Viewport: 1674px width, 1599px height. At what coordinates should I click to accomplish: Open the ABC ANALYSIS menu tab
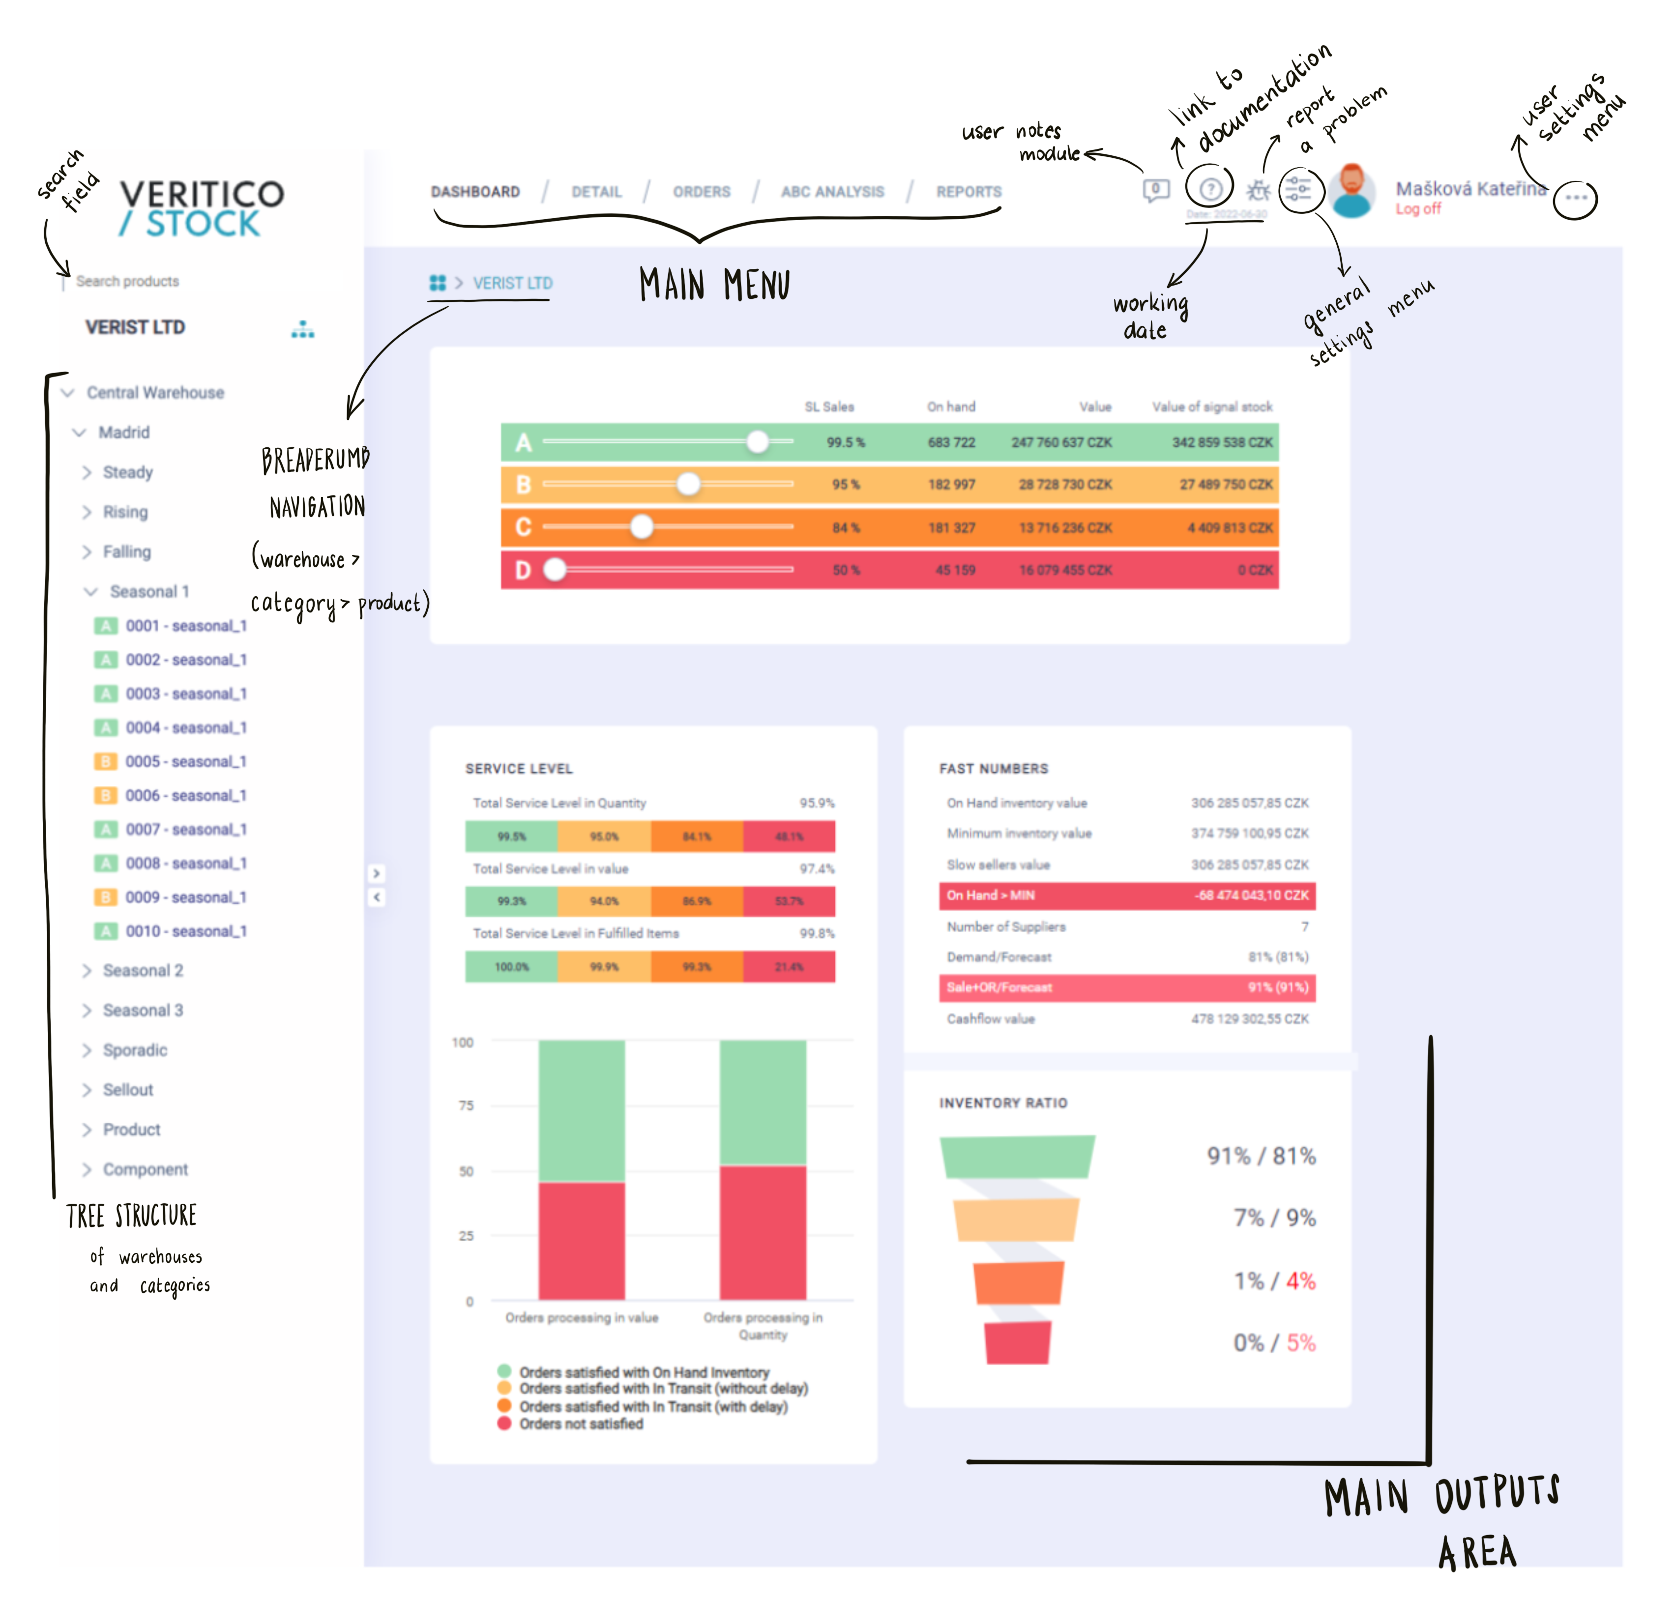click(x=832, y=192)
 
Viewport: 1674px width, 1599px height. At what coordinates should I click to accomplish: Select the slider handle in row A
click(x=757, y=441)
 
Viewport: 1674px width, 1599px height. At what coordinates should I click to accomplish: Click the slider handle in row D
click(x=555, y=569)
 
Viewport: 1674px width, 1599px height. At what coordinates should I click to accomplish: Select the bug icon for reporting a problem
click(x=1258, y=190)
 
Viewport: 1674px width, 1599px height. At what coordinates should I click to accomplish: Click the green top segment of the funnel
click(x=1016, y=1157)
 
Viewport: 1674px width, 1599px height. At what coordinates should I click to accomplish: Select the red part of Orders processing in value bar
click(x=581, y=1240)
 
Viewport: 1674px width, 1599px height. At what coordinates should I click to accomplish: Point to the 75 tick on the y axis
click(x=466, y=1105)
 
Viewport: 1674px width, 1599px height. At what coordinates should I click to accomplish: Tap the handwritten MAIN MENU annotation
click(x=714, y=285)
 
